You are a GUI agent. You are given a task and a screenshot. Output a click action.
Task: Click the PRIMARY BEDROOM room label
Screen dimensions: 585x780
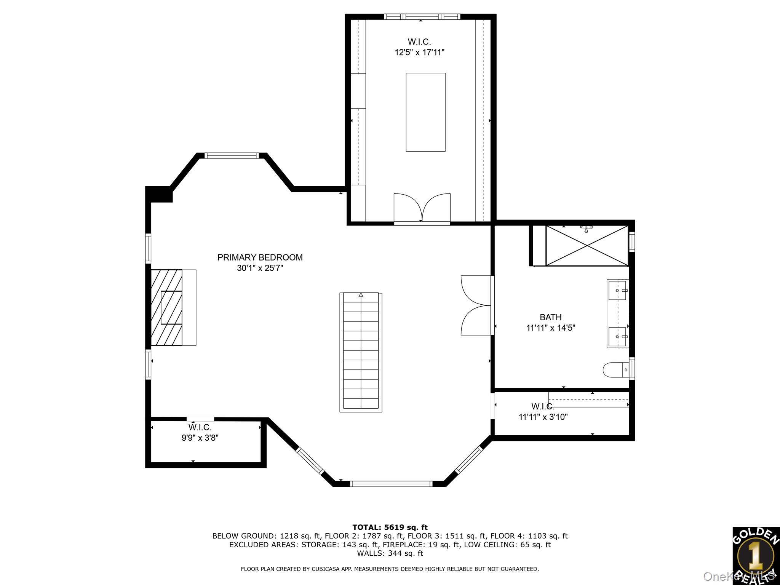(x=260, y=257)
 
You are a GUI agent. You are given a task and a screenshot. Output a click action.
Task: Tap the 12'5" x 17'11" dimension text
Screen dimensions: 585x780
(x=419, y=53)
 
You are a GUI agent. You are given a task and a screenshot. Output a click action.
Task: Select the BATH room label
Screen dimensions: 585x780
(x=550, y=317)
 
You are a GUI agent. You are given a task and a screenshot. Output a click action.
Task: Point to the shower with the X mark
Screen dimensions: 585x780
(x=587, y=245)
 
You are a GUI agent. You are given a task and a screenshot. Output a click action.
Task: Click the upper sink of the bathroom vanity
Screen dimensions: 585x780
(x=617, y=291)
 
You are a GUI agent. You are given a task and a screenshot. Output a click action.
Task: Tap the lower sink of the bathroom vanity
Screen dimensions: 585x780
(x=617, y=337)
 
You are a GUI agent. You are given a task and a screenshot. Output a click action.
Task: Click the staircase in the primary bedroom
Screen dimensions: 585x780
(x=361, y=352)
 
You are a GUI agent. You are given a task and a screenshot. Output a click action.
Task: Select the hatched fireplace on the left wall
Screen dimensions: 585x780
(x=167, y=307)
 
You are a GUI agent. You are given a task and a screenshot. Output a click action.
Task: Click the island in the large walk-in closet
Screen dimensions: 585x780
(x=425, y=112)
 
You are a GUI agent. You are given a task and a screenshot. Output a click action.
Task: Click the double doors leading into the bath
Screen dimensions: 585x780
(x=476, y=305)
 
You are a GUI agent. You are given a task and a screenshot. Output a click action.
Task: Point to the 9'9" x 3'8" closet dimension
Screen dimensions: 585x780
(x=200, y=438)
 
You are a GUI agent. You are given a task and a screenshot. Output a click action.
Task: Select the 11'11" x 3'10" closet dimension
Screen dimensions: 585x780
(x=543, y=417)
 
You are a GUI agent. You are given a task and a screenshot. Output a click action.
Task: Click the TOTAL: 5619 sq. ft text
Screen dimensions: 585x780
(x=390, y=527)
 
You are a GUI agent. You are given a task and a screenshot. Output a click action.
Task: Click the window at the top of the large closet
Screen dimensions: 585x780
(x=422, y=17)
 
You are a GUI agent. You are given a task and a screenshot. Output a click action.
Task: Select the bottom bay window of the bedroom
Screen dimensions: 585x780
(x=391, y=484)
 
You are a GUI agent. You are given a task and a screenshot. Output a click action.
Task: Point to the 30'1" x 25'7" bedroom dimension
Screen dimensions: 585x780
(x=260, y=268)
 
